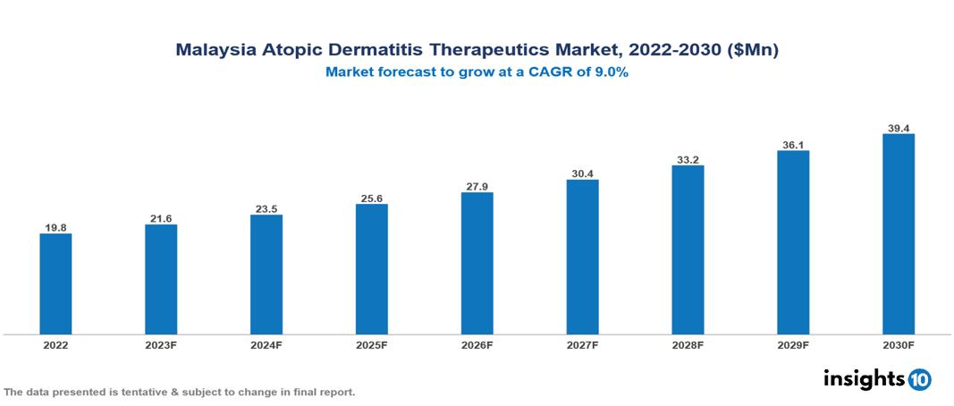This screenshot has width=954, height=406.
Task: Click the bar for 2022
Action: coord(55,283)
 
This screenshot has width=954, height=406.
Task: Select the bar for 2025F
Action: coord(371,268)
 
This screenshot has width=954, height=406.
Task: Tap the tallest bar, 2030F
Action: coord(898,233)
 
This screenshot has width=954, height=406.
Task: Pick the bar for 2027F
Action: coord(582,257)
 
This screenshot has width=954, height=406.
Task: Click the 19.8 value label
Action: coord(55,227)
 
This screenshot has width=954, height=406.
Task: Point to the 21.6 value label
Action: coord(161,218)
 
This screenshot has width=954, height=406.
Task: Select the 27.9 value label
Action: coord(477,186)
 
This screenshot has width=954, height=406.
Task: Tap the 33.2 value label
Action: coord(688,159)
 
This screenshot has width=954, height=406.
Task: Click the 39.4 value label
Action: coord(898,128)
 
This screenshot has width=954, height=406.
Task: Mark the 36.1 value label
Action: coord(793,144)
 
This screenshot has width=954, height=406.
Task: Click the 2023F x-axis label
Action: coord(161,344)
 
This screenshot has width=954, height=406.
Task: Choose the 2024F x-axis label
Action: coord(266,344)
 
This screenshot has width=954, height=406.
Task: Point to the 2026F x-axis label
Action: coord(477,344)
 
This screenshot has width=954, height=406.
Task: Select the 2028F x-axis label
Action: coord(688,344)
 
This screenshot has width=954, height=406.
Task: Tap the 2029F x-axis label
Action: coord(793,344)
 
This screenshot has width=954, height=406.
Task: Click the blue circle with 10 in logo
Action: coord(919,379)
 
